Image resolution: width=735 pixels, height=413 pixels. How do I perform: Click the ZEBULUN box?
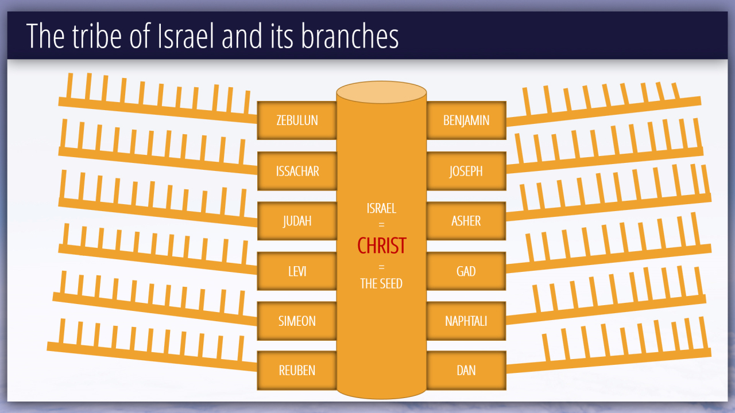297,120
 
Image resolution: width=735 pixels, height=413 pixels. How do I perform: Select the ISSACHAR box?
297,171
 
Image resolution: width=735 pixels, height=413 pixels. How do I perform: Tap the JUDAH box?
297,221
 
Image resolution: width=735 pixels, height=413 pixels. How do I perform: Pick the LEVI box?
297,271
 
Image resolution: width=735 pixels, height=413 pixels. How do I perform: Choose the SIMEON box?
297,321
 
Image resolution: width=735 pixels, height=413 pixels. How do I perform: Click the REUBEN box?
297,371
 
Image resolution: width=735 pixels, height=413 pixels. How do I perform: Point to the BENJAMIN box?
466,120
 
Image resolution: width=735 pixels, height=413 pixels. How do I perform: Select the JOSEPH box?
466,171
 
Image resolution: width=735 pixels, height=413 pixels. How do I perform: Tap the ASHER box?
466,221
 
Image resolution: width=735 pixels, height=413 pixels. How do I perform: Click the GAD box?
466,271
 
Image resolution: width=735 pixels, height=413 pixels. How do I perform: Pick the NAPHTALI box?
466,321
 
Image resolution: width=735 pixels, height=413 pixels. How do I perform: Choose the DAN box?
466,371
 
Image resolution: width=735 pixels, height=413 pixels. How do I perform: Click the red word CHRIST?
382,246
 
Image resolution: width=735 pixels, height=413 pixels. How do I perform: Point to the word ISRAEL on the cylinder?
381,208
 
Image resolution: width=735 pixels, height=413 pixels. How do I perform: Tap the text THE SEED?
381,283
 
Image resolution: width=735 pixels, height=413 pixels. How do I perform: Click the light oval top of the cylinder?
381,92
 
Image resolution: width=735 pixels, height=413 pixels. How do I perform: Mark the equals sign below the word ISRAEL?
381,225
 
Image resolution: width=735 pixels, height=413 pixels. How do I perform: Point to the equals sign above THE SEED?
381,267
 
